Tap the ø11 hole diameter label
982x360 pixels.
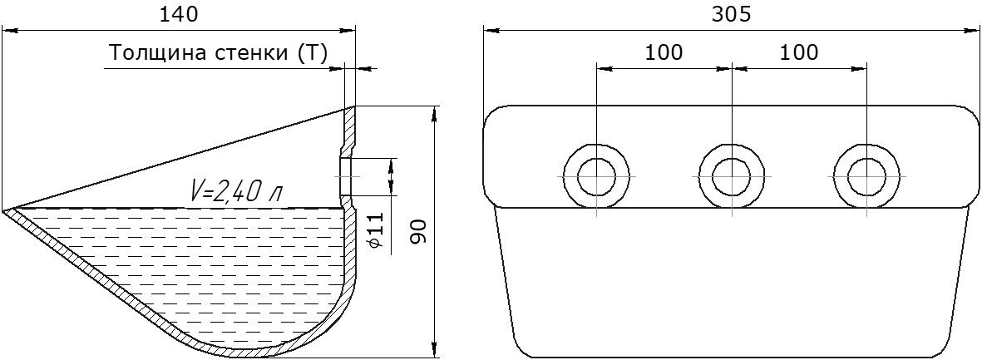click(376, 230)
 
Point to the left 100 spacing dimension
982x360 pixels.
click(664, 52)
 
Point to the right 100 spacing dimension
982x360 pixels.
click(799, 52)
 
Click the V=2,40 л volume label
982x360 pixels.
click(235, 193)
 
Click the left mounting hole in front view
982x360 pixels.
click(595, 176)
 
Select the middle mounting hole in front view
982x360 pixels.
click(732, 176)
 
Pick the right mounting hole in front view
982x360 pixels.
click(867, 176)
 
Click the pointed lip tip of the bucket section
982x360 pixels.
click(7, 210)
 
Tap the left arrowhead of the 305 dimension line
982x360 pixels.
click(489, 32)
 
